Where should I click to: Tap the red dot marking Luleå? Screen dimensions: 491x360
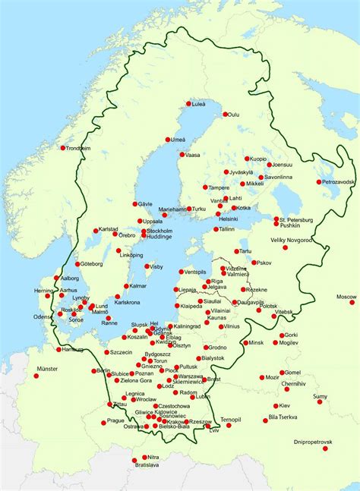pos(188,104)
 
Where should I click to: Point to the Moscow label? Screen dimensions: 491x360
pos(346,296)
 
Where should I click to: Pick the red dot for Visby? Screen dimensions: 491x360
pos(147,266)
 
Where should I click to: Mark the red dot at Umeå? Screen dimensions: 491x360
pos(168,140)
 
